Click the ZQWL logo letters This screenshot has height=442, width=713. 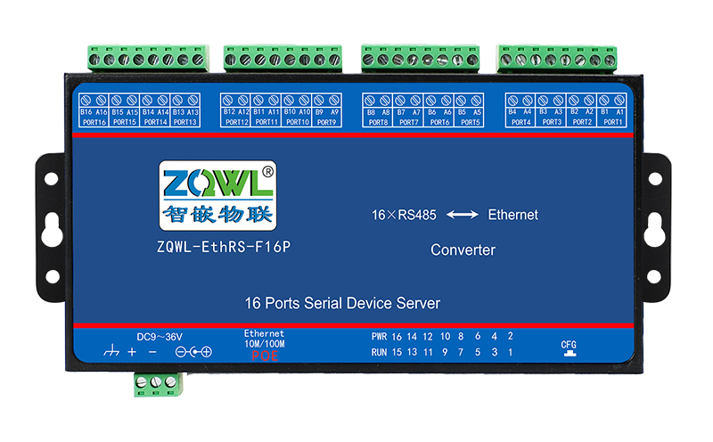pyautogui.click(x=210, y=181)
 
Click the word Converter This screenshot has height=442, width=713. pyautogui.click(x=463, y=250)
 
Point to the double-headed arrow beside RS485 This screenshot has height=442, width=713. pyautogui.click(x=462, y=215)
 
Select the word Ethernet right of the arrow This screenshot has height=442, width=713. pyautogui.click(x=512, y=215)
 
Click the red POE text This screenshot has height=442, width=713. pyautogui.click(x=264, y=356)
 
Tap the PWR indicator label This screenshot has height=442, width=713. pyautogui.click(x=379, y=337)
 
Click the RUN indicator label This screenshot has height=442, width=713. pyautogui.click(x=379, y=353)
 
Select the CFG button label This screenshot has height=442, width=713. pyautogui.click(x=569, y=344)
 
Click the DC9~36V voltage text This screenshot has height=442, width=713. pyautogui.click(x=160, y=336)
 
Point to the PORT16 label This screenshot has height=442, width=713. pyautogui.click(x=94, y=122)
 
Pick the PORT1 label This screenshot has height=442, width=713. pyautogui.click(x=613, y=122)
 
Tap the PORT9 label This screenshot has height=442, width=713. pyautogui.click(x=327, y=122)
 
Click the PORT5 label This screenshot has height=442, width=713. pyautogui.click(x=469, y=122)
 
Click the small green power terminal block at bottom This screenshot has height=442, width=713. pyautogui.click(x=157, y=383)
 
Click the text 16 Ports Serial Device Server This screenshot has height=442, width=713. pyautogui.click(x=342, y=304)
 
